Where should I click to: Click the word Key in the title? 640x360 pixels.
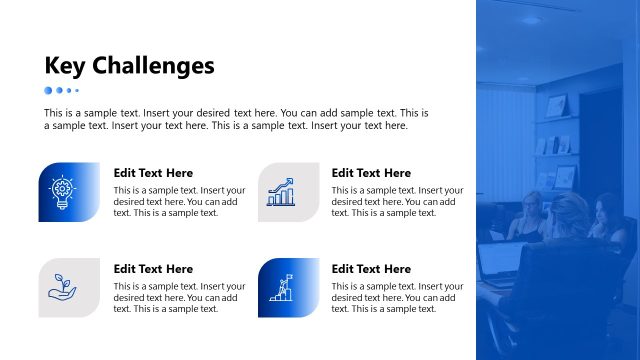[66, 66]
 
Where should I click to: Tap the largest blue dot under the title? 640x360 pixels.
[48, 90]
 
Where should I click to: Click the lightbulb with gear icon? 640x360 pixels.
[62, 192]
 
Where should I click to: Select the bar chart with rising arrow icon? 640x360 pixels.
[281, 192]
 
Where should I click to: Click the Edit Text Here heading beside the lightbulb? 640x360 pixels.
[153, 173]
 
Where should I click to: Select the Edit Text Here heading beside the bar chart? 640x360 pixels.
[371, 173]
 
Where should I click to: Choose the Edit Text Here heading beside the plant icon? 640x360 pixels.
[153, 269]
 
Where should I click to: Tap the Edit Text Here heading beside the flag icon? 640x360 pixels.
[371, 269]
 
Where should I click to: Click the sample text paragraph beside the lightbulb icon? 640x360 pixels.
[179, 201]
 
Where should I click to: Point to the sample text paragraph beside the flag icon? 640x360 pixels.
[397, 297]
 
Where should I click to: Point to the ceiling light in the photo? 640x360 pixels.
[529, 19]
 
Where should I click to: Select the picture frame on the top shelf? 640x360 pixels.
[556, 106]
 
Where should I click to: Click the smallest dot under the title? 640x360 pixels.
[77, 90]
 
